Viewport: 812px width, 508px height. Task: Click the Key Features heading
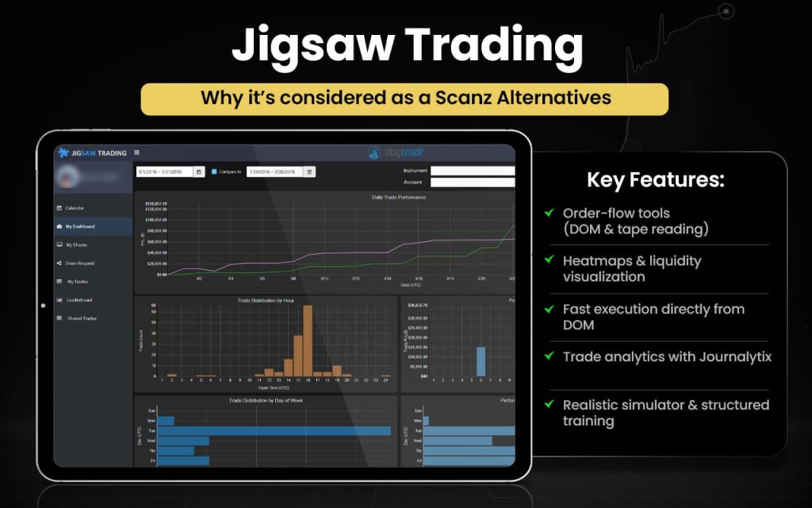(655, 179)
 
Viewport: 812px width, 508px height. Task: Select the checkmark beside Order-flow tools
(549, 213)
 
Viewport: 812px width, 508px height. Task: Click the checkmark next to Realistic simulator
(549, 404)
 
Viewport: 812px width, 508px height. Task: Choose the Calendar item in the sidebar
(75, 208)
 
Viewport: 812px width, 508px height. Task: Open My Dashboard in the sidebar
(80, 226)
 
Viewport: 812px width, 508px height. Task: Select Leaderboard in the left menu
(79, 299)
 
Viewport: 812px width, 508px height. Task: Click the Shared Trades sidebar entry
(82, 317)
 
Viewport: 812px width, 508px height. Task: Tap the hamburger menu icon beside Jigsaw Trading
(137, 152)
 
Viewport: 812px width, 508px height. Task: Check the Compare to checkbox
(214, 171)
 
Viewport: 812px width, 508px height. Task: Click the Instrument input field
(473, 171)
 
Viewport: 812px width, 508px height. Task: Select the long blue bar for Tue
(274, 431)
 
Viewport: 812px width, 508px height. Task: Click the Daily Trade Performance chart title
(398, 197)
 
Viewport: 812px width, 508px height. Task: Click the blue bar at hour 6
(481, 361)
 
